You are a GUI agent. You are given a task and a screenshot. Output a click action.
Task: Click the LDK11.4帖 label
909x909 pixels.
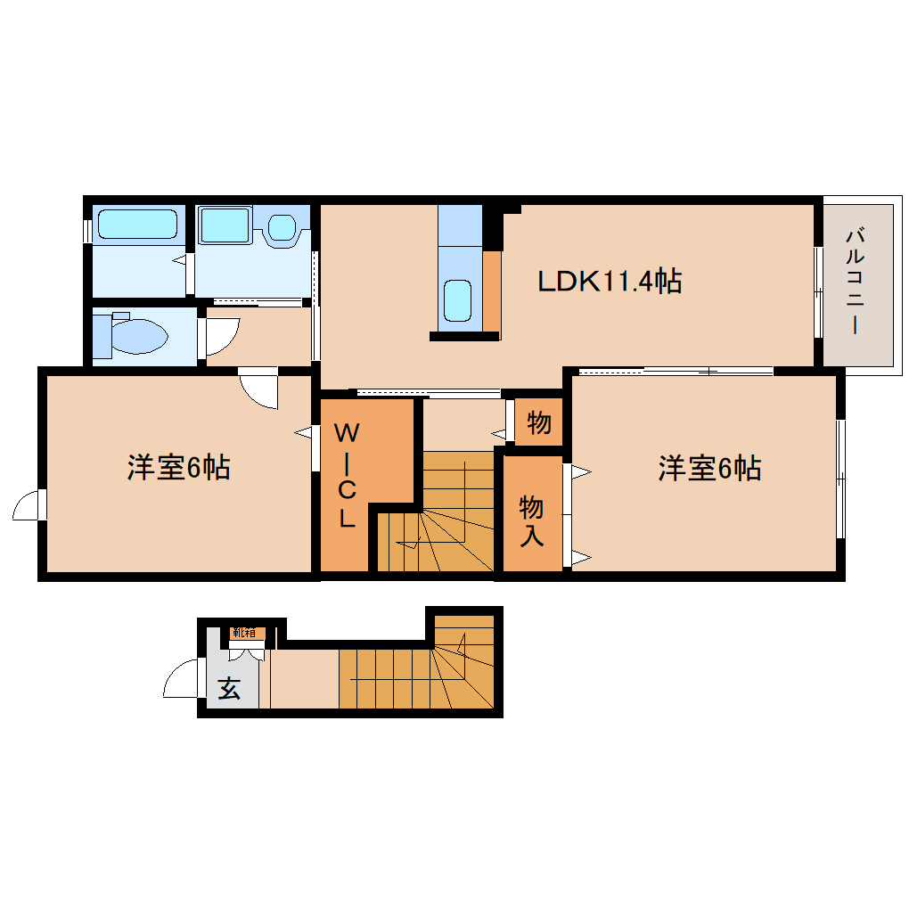coord(610,282)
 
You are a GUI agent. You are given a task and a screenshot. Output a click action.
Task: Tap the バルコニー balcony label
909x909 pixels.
coord(856,282)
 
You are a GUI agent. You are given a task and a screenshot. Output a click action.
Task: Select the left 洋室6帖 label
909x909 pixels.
coord(178,467)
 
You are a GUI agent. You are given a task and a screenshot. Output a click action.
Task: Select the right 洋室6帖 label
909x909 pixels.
coord(709,468)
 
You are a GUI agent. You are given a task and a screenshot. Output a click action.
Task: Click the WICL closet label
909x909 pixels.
coord(348,476)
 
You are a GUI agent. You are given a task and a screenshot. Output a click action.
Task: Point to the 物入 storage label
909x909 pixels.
coord(532,521)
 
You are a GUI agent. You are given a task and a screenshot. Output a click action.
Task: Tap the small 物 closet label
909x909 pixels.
coord(538,423)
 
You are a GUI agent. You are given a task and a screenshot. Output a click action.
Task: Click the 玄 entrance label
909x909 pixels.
coord(230,689)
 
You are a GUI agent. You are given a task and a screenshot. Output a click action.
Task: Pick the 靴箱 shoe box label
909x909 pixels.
coord(243,633)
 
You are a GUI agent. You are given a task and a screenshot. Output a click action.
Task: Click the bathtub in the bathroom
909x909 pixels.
coord(137,224)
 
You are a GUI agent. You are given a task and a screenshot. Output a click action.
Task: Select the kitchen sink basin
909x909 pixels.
coord(458,300)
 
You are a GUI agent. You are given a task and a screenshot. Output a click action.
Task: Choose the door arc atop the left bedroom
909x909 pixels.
coord(261,390)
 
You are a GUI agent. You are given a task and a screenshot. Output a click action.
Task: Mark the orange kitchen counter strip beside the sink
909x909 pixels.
coord(491,291)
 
